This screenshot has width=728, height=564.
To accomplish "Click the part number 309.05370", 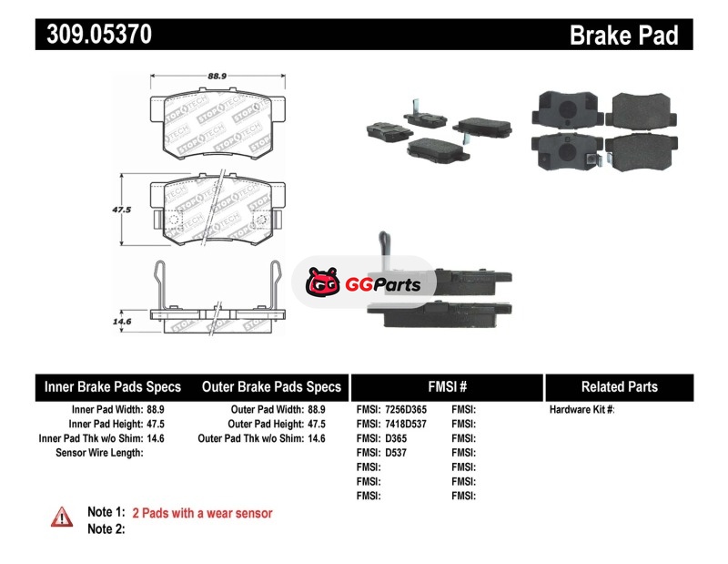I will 94,35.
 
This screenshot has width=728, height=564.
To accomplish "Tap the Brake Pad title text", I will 623,36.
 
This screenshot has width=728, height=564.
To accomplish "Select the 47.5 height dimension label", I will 122,209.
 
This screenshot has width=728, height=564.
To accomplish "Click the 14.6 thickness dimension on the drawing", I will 122,322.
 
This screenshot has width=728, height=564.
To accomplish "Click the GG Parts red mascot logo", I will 320,284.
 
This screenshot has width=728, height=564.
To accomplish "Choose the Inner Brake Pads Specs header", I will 113,387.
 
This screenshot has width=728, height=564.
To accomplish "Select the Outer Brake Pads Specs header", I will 271,387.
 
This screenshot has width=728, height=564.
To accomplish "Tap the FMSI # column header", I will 446,387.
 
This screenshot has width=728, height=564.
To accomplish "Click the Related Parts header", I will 619,387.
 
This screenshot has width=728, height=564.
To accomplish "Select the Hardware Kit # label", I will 581,410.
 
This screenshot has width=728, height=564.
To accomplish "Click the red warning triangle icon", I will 61,516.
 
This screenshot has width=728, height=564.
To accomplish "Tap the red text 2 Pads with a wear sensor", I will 202,513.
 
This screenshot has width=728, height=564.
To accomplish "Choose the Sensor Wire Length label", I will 99,453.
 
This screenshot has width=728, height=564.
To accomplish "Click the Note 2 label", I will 106,529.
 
